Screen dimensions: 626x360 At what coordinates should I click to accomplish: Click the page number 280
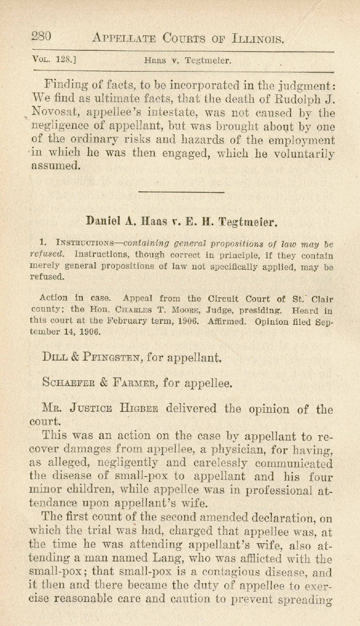[41, 37]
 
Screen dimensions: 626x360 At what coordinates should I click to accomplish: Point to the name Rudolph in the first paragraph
[299, 98]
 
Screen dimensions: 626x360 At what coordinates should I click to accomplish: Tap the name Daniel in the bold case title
[105, 220]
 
